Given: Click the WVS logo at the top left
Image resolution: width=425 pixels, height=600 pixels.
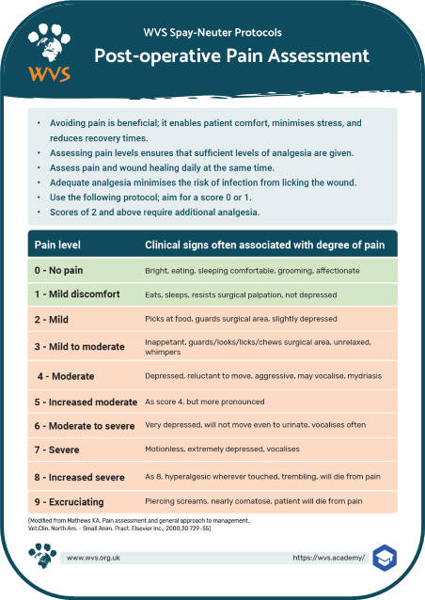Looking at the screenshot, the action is pyautogui.click(x=46, y=52).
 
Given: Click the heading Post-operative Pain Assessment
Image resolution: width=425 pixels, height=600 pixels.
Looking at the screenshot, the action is pyautogui.click(x=231, y=56).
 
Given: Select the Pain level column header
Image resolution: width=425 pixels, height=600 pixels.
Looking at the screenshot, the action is pyautogui.click(x=57, y=245).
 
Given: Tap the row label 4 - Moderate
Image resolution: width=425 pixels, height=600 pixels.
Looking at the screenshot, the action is pyautogui.click(x=66, y=375).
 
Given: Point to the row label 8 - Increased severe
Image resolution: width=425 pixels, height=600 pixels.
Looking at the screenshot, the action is pyautogui.click(x=82, y=477).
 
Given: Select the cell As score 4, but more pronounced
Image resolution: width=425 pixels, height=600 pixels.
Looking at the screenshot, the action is pyautogui.click(x=203, y=402).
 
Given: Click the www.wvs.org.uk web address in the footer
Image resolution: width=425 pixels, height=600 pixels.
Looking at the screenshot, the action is pyautogui.click(x=98, y=558).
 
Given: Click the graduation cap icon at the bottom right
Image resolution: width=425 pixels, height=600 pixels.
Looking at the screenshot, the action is pyautogui.click(x=386, y=557).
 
